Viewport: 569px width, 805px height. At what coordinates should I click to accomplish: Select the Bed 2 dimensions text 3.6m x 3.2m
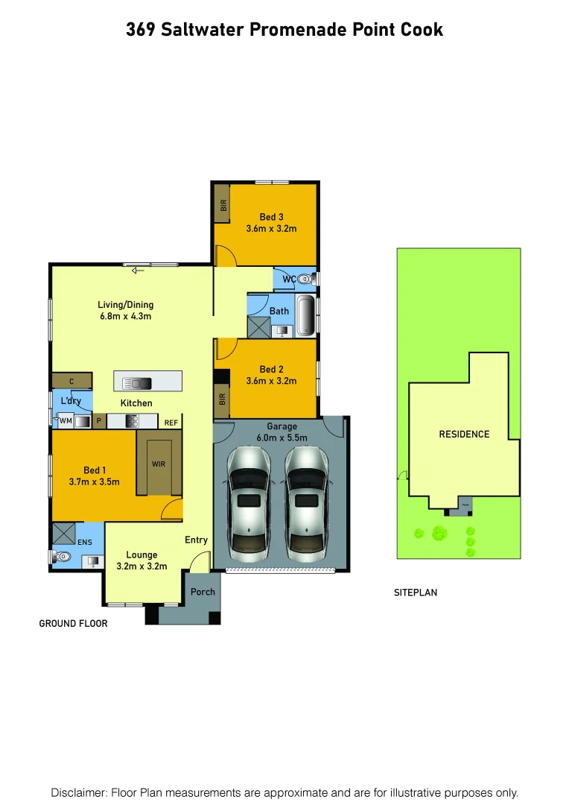tap(271, 381)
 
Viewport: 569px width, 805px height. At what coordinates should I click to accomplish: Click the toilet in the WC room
tap(305, 280)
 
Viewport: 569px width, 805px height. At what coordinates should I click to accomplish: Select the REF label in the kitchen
tap(171, 423)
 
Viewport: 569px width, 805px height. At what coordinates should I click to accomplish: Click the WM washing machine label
tap(65, 422)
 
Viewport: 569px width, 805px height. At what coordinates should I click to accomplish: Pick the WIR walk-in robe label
tap(158, 464)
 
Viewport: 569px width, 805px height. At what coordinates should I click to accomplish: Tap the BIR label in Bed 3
tap(222, 203)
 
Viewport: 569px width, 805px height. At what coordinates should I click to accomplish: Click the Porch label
tap(203, 592)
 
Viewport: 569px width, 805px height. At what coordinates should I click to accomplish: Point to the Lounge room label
tap(142, 555)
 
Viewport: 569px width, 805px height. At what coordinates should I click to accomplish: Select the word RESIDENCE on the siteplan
tap(464, 434)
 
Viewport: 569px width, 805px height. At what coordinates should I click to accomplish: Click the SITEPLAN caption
tap(416, 593)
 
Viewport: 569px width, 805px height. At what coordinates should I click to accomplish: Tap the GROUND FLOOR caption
tap(73, 623)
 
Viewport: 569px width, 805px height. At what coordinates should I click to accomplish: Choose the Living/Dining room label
tap(126, 304)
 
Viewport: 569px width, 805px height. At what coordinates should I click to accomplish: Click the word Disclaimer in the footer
tap(78, 792)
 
